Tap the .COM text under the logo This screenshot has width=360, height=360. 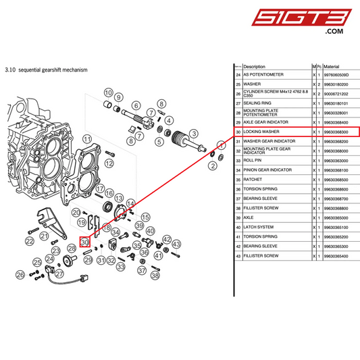334,32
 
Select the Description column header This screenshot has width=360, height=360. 255,67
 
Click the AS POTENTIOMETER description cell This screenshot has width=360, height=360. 263,74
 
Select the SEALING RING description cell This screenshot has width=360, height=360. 257,103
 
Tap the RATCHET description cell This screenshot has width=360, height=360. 253,180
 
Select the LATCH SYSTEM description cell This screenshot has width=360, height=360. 259,227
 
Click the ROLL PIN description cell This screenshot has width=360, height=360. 254,161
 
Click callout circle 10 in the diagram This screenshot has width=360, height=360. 108,92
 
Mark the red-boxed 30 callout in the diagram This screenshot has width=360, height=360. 84,242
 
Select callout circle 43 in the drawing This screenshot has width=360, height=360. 176,244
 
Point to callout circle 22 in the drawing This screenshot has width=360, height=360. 30,240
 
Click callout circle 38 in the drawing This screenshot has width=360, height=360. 155,275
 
